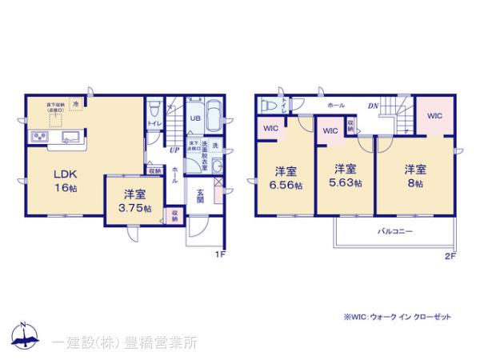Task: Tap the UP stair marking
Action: click(x=174, y=150)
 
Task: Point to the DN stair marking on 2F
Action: click(x=372, y=105)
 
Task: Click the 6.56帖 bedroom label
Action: click(x=287, y=178)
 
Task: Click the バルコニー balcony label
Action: click(x=394, y=230)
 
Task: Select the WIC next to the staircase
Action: click(x=434, y=117)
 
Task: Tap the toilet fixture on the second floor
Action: click(x=269, y=103)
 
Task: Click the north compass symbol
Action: click(x=23, y=336)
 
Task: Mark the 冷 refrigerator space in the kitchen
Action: click(x=75, y=103)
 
